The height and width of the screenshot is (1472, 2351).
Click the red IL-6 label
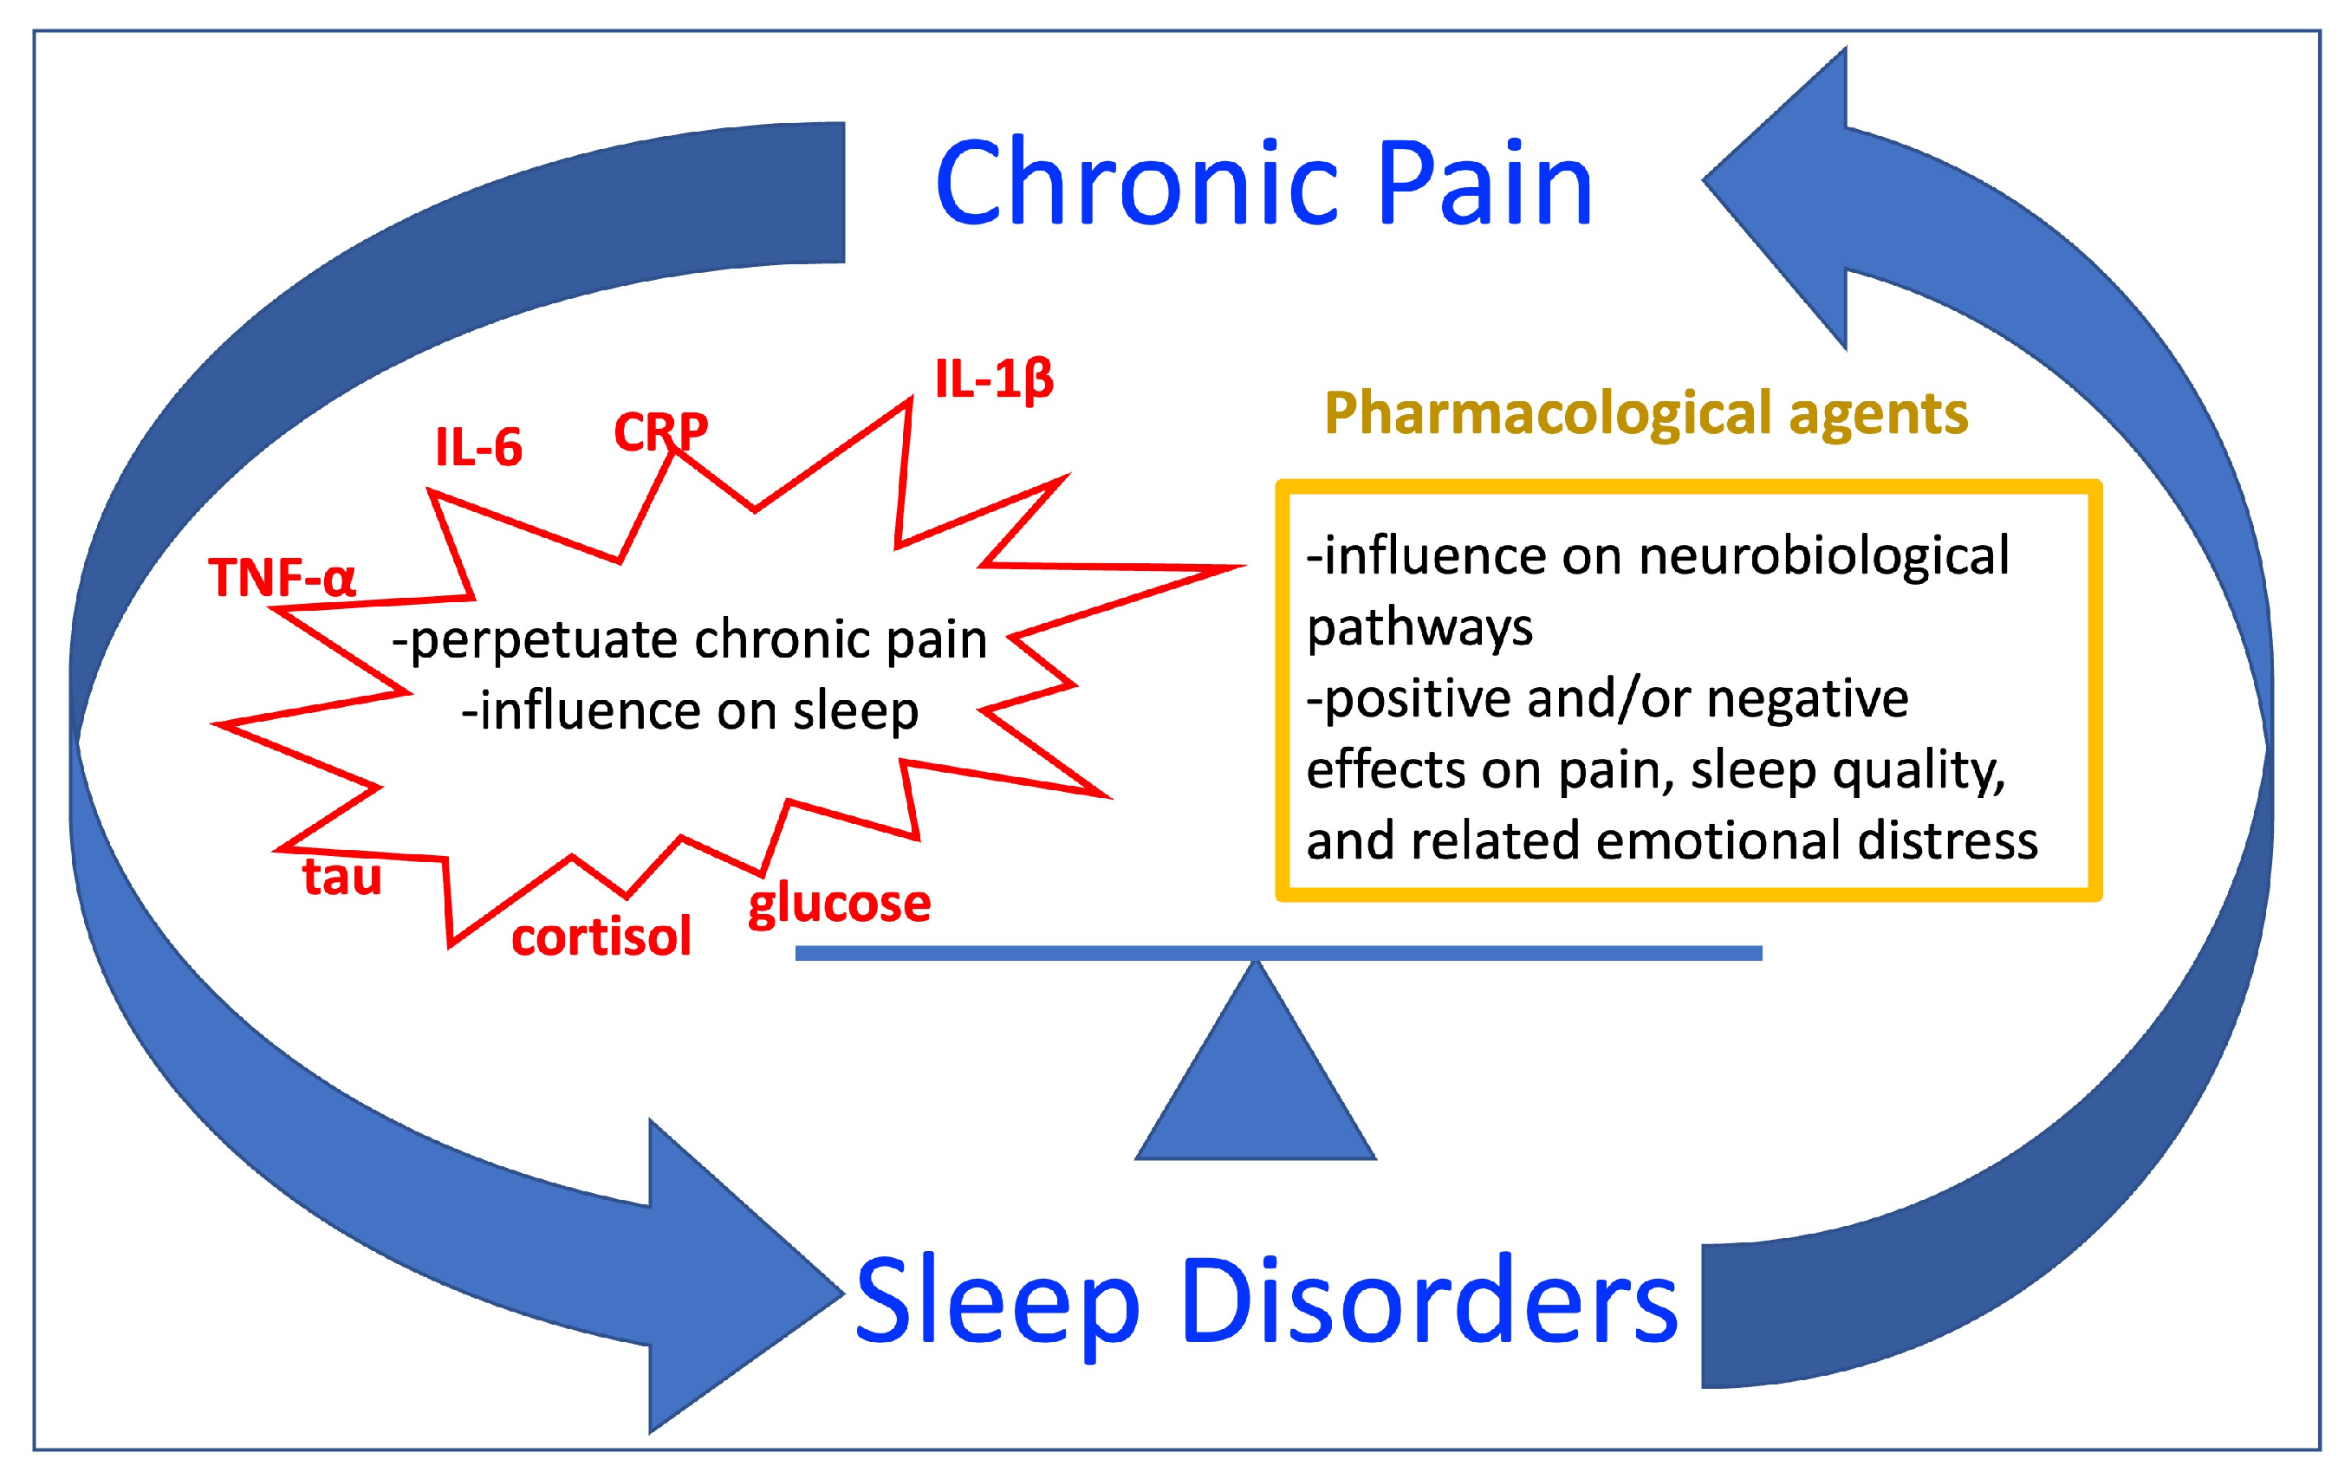(x=478, y=448)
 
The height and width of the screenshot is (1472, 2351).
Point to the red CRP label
(x=661, y=431)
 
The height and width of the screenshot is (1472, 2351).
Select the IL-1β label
(x=994, y=379)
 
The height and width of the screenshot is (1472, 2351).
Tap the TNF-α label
(x=283, y=577)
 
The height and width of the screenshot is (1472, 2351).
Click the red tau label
(x=341, y=876)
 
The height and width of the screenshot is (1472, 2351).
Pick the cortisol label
(x=601, y=937)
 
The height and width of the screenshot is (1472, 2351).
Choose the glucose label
(x=839, y=904)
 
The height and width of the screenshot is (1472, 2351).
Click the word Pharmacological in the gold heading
(x=1548, y=414)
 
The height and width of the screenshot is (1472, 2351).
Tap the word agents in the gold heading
(x=1878, y=414)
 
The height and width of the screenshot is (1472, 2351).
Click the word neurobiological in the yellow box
(x=1823, y=556)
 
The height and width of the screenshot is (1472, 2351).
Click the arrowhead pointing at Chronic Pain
(x=1782, y=195)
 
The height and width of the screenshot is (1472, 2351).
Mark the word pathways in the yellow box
(x=1419, y=627)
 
